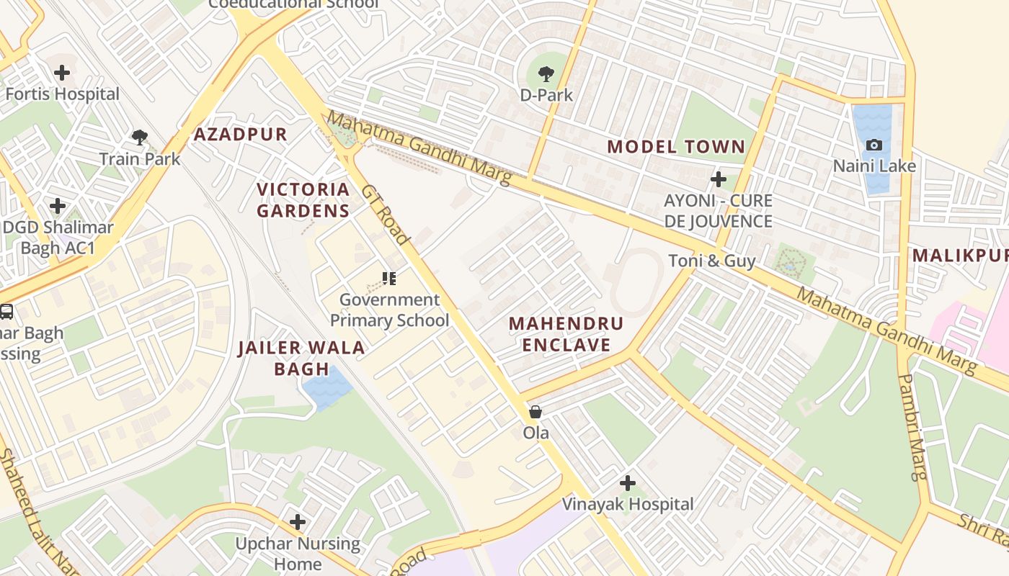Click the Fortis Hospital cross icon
(62, 72)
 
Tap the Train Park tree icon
(140, 137)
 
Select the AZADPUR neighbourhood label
(241, 134)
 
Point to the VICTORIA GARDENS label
(303, 200)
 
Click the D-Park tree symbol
(546, 73)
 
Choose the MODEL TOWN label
(676, 147)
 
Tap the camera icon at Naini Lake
(874, 145)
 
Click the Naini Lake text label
(874, 166)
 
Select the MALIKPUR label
(959, 256)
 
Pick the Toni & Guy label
(712, 261)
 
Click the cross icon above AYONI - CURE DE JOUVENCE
(718, 179)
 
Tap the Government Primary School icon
(389, 278)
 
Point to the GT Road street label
(386, 215)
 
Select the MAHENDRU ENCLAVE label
(566, 334)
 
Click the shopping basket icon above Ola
(535, 412)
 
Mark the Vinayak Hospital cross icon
(628, 482)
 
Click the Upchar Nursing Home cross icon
(298, 521)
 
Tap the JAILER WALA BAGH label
(301, 359)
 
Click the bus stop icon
(6, 312)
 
